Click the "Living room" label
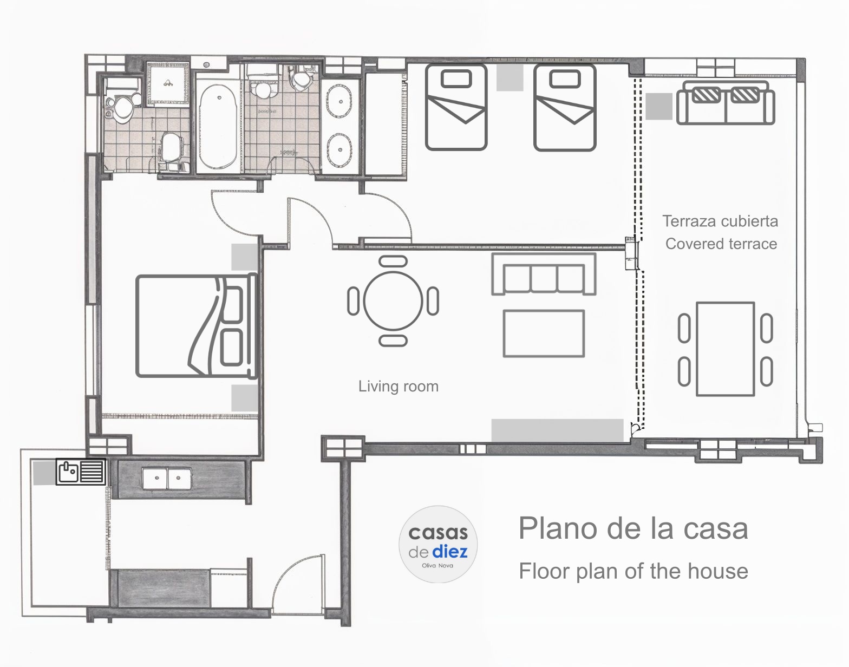point(398,387)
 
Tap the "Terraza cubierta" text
point(720,221)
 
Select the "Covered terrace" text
point(721,244)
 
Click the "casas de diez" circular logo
point(438,544)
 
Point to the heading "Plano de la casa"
point(633,528)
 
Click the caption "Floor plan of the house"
point(634,571)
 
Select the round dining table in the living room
point(393,300)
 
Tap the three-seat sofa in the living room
point(544,274)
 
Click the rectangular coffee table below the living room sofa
point(544,333)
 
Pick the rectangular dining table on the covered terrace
point(725,349)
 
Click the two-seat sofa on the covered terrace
point(726,102)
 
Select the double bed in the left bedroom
point(197,326)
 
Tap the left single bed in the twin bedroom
point(456,107)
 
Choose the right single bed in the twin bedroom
point(565,107)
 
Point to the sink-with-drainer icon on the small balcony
point(81,472)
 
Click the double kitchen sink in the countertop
point(167,479)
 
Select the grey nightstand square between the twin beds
point(510,78)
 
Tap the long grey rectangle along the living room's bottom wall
point(557,431)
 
